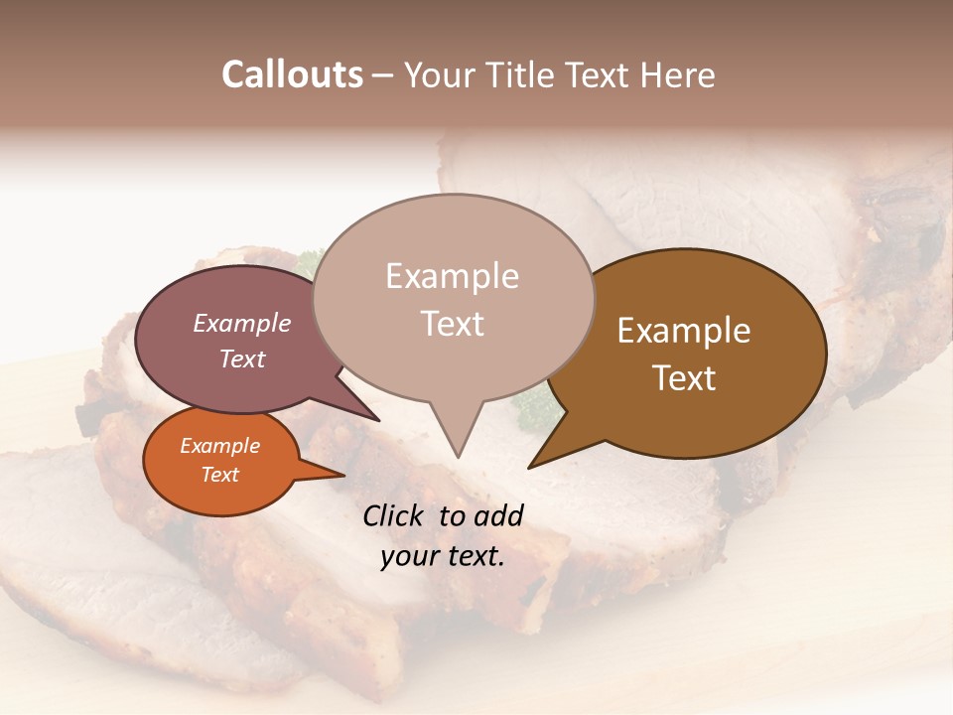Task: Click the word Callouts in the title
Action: pyautogui.click(x=292, y=74)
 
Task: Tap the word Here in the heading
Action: pyautogui.click(x=677, y=74)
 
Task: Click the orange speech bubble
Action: pyautogui.click(x=220, y=461)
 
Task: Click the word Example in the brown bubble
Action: pyautogui.click(x=684, y=331)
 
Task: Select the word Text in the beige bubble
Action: pyautogui.click(x=453, y=324)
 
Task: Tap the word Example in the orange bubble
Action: pyautogui.click(x=220, y=446)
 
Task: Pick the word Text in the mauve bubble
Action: pyautogui.click(x=242, y=358)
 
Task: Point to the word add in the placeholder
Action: pyautogui.click(x=499, y=515)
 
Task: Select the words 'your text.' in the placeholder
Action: pyautogui.click(x=443, y=556)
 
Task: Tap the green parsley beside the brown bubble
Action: pyautogui.click(x=534, y=407)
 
